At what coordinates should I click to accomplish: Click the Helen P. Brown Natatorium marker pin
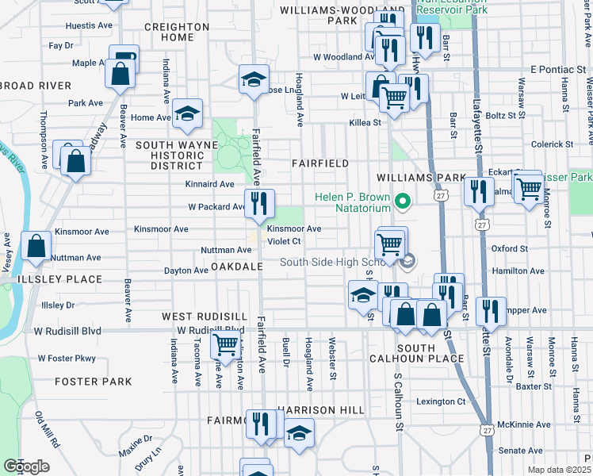pos(402,202)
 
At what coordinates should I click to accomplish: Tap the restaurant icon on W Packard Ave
pos(259,204)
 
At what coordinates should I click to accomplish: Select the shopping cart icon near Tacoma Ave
pos(225,344)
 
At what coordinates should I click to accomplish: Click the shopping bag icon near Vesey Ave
pos(36,247)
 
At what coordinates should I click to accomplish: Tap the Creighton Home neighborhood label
pos(177,32)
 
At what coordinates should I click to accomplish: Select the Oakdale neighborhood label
pos(237,267)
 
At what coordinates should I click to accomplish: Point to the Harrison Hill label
pos(320,409)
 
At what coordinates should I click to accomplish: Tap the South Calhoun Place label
pos(416,354)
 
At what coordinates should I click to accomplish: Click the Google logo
pos(26,466)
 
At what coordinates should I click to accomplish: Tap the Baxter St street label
pos(533,387)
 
